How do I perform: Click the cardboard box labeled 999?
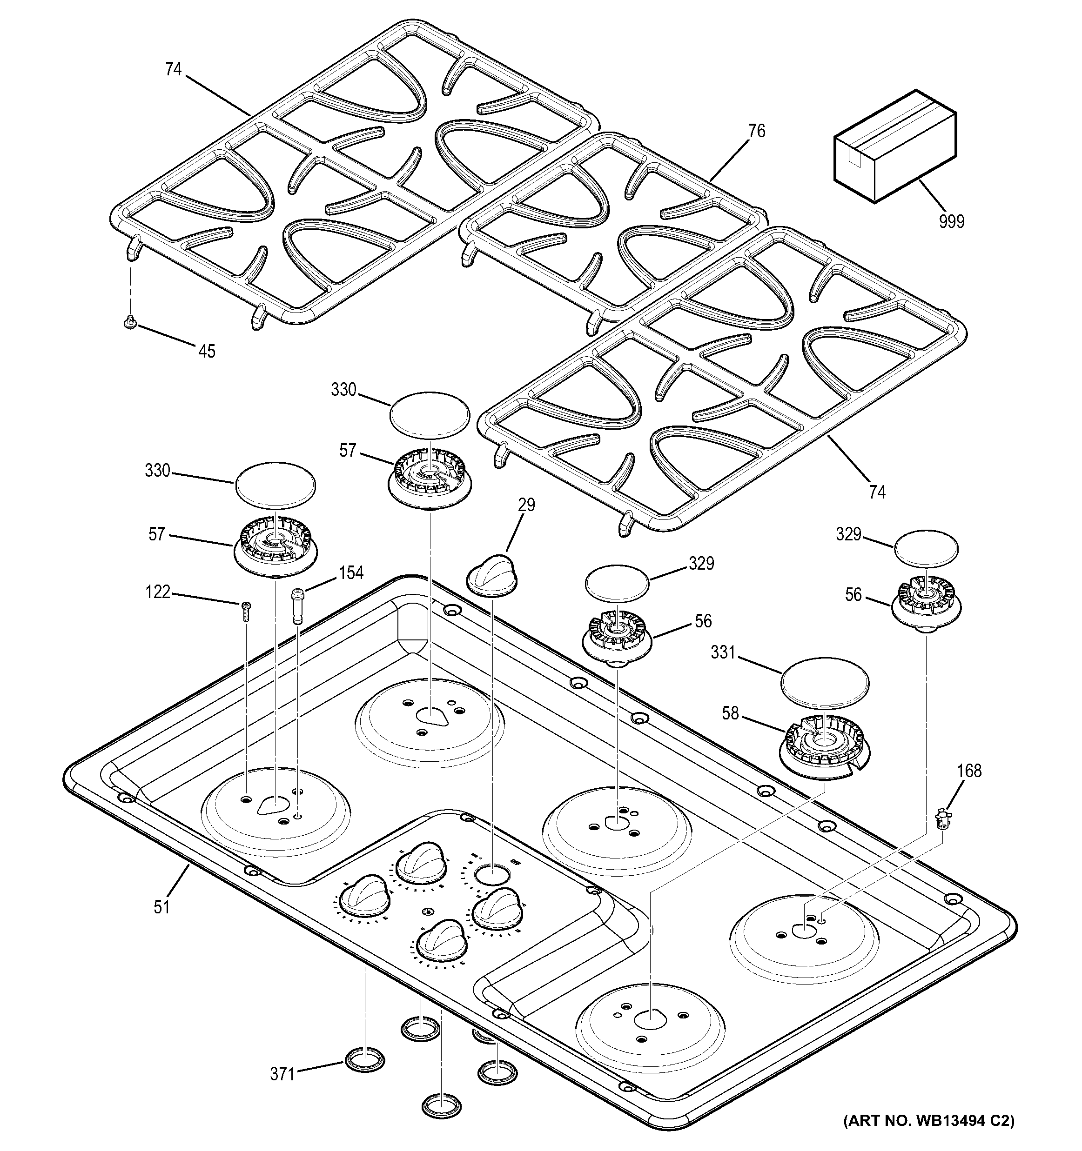(894, 147)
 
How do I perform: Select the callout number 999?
(952, 221)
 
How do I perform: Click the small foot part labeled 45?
(130, 322)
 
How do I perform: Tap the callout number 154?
(350, 572)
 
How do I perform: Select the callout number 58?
(730, 713)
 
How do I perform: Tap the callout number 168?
(969, 771)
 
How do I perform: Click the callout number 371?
(282, 1075)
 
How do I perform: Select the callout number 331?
(723, 653)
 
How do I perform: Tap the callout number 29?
(526, 505)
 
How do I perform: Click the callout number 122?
(158, 592)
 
